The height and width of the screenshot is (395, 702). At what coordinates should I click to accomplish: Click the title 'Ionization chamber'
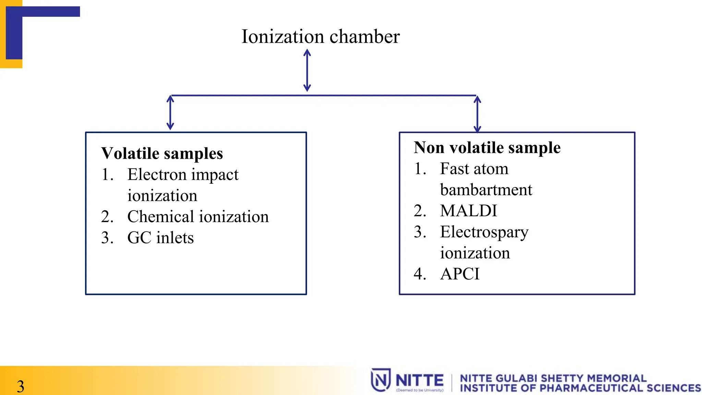[320, 36]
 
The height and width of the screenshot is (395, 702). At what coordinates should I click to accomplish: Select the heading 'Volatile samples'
[162, 153]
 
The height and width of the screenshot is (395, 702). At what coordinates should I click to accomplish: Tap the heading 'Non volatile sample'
[487, 147]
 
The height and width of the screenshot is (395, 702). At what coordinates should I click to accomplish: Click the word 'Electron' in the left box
[157, 175]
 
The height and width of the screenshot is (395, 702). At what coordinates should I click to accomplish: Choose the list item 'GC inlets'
[160, 238]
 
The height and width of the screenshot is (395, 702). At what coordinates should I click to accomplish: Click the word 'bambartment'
[486, 190]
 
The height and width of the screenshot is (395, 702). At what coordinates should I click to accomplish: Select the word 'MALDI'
[469, 211]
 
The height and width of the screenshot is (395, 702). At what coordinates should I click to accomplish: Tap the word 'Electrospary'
[484, 232]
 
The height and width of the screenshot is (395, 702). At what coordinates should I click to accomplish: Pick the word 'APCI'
[460, 274]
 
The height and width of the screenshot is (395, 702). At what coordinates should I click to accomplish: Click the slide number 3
[21, 386]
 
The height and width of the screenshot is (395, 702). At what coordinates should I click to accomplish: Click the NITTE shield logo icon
[380, 380]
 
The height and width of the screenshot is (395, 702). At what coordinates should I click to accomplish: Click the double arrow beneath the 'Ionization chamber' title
[307, 70]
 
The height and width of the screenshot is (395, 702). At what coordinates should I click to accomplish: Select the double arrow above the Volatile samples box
[170, 112]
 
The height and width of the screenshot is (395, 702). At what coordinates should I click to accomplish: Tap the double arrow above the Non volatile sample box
[477, 114]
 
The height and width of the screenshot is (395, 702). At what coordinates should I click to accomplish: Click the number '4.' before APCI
[420, 274]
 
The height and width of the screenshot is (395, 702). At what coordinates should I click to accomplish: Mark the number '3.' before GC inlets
[107, 238]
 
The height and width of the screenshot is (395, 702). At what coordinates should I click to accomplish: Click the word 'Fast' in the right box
[454, 169]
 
